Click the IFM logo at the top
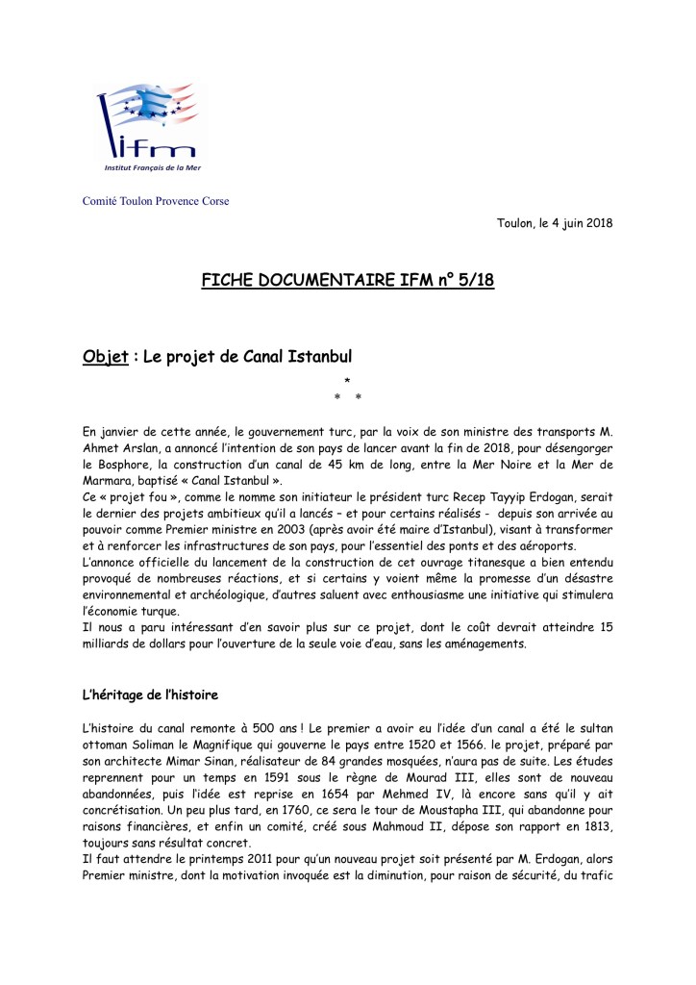pyautogui.click(x=152, y=129)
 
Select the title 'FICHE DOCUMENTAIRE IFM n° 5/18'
pyautogui.click(x=348, y=280)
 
